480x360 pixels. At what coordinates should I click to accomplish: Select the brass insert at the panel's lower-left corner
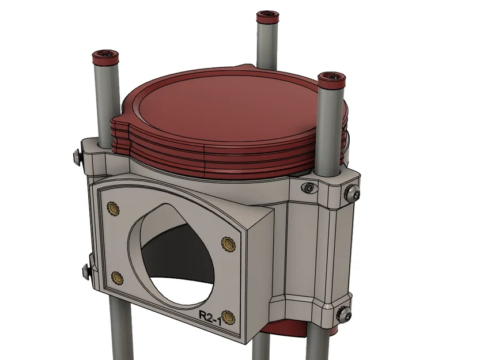point(118,278)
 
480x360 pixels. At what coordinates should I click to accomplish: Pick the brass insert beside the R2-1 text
point(228,317)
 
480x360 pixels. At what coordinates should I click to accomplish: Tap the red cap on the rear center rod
point(267,16)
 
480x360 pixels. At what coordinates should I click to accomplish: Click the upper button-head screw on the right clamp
point(351,194)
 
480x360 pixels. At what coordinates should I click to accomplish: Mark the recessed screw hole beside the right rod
point(311,188)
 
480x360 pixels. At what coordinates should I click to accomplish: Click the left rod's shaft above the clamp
point(105,104)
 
